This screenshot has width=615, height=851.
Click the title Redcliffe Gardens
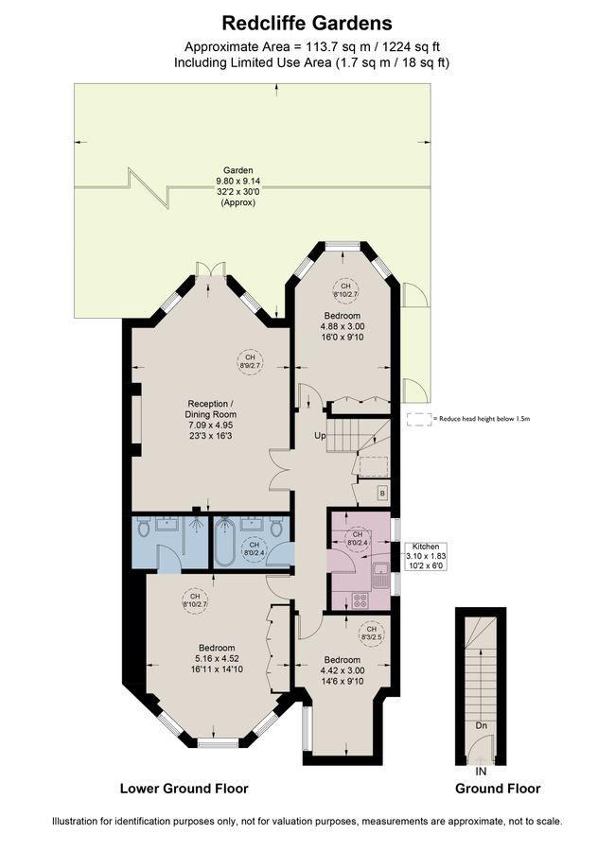pos(307,22)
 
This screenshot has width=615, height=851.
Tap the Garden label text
pos(237,170)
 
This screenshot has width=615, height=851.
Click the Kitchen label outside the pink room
pos(422,547)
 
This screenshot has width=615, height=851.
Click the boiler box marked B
pos(381,493)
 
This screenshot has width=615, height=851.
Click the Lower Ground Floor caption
pos(184,788)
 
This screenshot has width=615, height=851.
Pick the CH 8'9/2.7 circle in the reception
pos(249,360)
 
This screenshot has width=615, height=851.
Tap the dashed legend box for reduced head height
pos(416,418)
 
